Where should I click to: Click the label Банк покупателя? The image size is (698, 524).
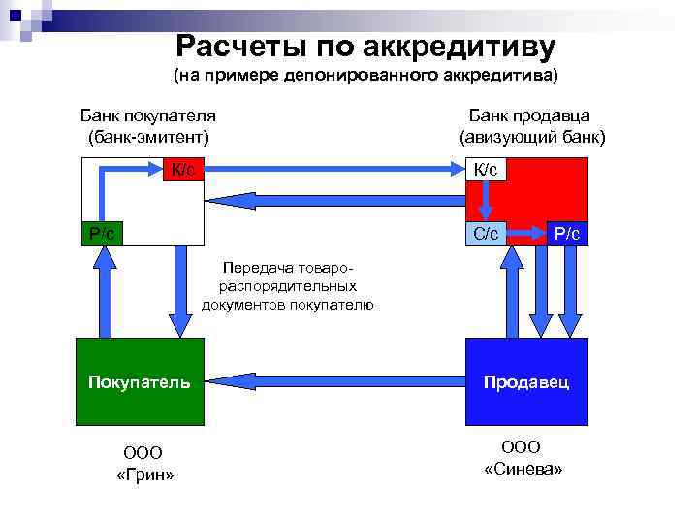(147, 115)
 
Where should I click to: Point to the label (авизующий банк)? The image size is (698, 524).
(532, 137)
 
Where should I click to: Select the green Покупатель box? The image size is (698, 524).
(141, 382)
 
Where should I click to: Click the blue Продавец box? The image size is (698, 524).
(527, 382)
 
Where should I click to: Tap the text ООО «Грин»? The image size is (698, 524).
(144, 463)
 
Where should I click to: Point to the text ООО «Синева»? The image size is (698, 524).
(523, 457)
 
